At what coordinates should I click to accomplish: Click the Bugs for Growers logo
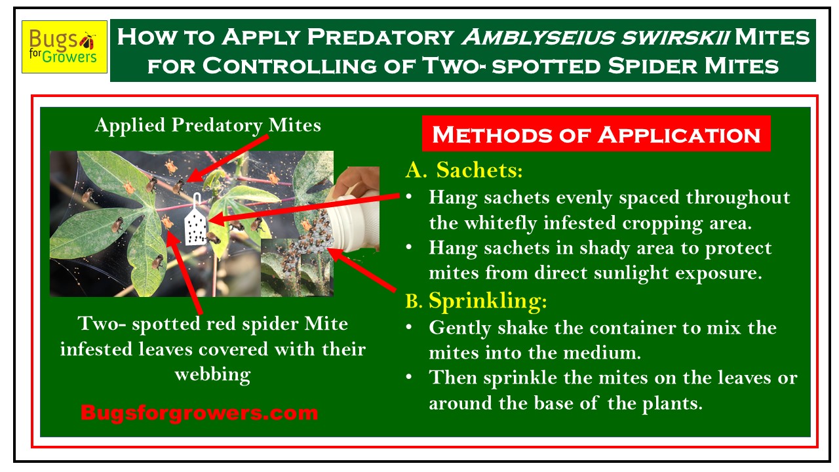(x=64, y=47)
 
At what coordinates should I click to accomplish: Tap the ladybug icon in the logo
(x=88, y=41)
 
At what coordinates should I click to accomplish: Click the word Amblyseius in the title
(x=538, y=37)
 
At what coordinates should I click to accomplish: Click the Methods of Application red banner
(x=596, y=134)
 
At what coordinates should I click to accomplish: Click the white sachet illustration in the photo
(x=195, y=220)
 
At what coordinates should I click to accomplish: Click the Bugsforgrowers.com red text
(x=199, y=413)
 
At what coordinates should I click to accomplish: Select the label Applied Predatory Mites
(x=208, y=125)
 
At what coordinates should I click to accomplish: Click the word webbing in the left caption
(x=213, y=375)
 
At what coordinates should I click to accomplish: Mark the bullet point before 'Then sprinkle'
(x=409, y=377)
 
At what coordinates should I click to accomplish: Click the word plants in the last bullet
(x=673, y=404)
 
